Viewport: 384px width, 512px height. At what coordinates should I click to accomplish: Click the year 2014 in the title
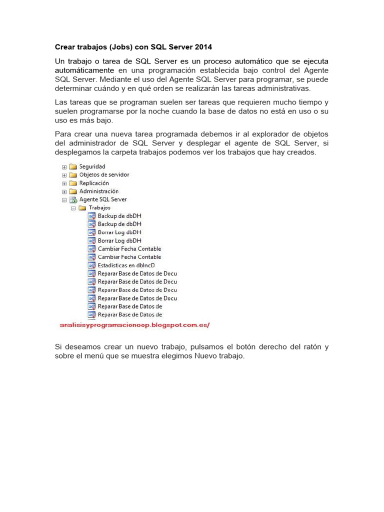[202, 47]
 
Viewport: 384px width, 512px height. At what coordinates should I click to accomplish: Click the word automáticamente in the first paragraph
[84, 70]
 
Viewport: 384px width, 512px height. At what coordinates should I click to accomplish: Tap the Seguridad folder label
[92, 166]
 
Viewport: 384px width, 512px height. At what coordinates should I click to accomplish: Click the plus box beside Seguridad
[64, 167]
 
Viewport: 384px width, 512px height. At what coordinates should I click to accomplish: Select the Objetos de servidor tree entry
[104, 174]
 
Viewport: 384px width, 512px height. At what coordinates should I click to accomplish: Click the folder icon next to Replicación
[73, 183]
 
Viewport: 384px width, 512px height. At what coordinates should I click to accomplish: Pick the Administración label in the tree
[98, 191]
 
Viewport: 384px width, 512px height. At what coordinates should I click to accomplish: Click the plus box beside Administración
[64, 191]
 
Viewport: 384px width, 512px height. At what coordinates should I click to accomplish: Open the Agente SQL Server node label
[102, 199]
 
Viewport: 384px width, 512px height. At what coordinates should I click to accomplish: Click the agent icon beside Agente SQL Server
[73, 199]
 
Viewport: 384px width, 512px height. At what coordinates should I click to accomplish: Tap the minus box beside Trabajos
[73, 208]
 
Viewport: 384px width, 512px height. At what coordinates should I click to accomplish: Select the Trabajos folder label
[99, 207]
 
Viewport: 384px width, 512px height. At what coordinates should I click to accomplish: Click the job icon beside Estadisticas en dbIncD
[91, 265]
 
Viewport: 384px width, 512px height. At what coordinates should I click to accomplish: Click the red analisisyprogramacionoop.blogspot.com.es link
[134, 325]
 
